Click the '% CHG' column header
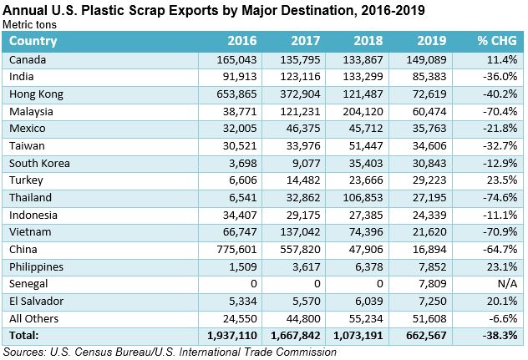pos(495,41)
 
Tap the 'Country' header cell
pos(33,41)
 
